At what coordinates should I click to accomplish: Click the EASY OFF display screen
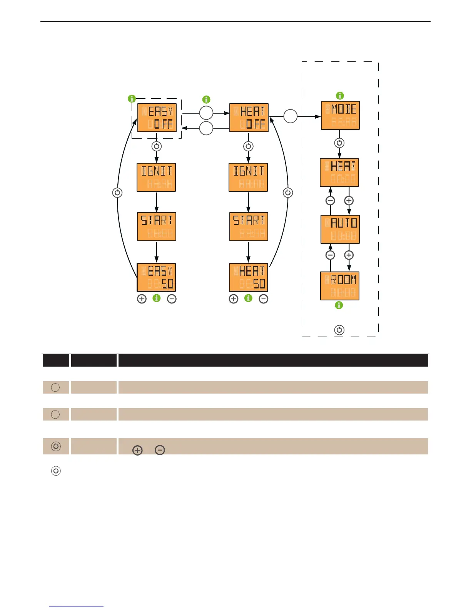(157, 117)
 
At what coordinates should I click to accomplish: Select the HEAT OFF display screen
(249, 117)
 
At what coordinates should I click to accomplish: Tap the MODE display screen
(340, 115)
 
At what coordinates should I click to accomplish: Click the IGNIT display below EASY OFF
(156, 177)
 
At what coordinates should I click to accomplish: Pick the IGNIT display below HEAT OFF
(248, 177)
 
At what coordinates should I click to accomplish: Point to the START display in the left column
(157, 226)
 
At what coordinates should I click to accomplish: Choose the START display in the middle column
(249, 226)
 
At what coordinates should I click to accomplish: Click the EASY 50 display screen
(156, 277)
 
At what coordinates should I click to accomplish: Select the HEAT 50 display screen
(248, 277)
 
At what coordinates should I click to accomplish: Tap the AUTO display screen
(340, 229)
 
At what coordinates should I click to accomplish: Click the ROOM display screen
(340, 286)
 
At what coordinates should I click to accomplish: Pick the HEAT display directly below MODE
(339, 173)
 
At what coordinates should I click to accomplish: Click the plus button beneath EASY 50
(142, 299)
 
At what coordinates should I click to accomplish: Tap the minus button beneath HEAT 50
(264, 299)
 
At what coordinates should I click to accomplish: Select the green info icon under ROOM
(339, 305)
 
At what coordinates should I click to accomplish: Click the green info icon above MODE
(340, 96)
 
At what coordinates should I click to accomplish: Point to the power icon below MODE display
(339, 143)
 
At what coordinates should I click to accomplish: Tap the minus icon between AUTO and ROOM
(330, 255)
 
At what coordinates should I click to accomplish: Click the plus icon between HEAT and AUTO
(349, 201)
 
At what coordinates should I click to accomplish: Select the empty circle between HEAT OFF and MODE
(291, 116)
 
